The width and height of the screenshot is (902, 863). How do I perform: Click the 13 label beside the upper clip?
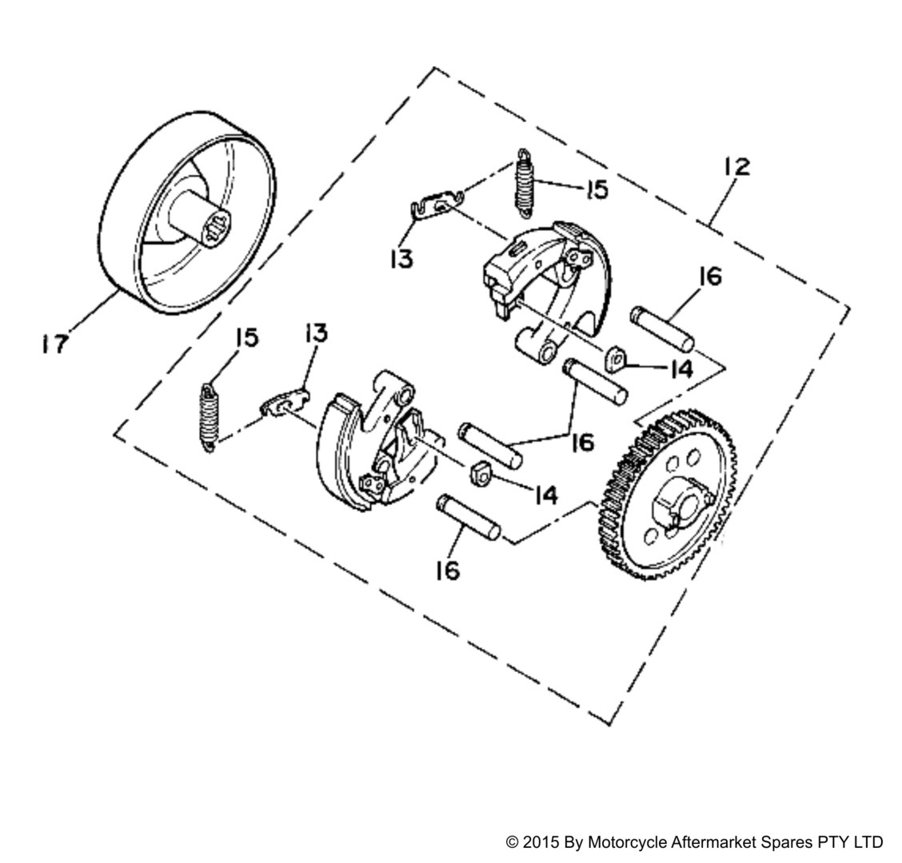(402, 258)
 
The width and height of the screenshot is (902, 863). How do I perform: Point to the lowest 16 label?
(448, 571)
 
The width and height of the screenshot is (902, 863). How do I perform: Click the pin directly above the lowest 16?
(468, 517)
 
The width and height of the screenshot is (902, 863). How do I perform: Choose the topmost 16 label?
(708, 277)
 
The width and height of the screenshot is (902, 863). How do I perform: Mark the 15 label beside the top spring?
(595, 190)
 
